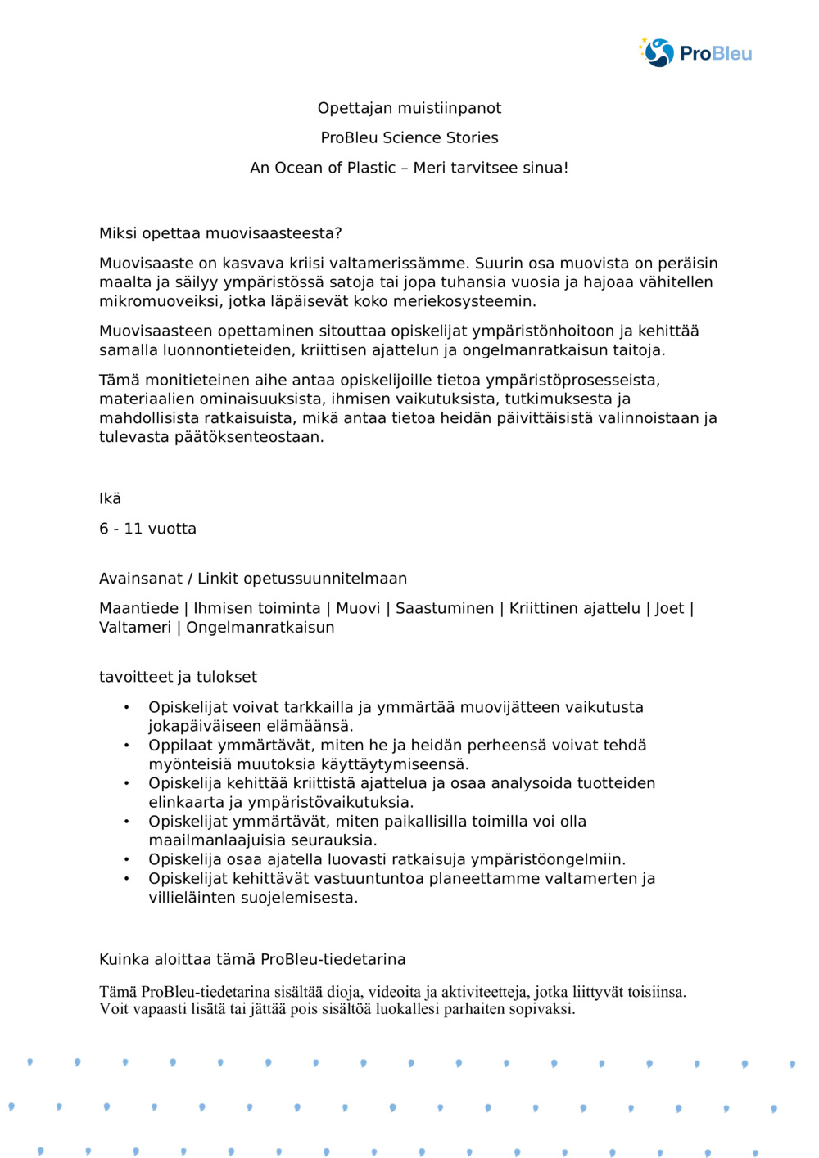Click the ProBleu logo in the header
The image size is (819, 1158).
pos(695,53)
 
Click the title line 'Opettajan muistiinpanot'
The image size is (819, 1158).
pos(409,108)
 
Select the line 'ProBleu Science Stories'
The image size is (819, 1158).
pos(409,137)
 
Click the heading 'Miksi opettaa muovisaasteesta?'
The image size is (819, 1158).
pos(220,233)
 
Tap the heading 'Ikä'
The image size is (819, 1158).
pos(110,498)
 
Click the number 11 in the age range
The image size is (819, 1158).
pos(133,529)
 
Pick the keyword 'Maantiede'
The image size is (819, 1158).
pos(138,608)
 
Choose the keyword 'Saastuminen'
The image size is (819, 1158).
pos(445,608)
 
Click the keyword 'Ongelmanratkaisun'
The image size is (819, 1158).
pos(260,628)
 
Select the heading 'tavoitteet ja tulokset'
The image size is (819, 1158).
pos(178,677)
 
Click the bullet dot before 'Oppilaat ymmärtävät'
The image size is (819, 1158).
pos(126,746)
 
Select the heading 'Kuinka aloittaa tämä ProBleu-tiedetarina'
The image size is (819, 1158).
pos(252,959)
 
